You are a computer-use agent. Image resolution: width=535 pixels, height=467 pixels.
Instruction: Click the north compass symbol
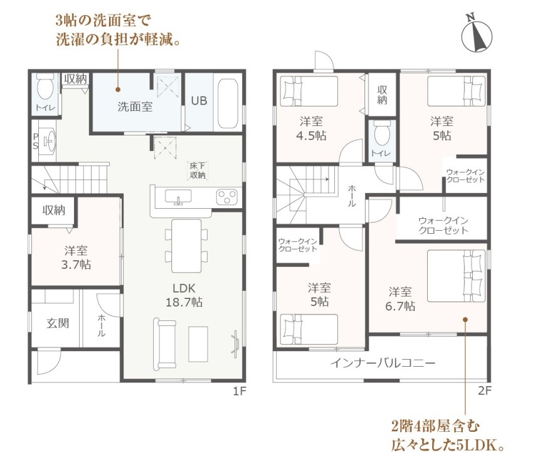(477, 33)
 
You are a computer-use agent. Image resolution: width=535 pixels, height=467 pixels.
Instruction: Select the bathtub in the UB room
(228, 103)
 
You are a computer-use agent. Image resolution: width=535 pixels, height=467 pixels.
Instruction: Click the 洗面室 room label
(135, 107)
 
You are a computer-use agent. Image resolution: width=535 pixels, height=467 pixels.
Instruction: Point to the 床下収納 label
(198, 171)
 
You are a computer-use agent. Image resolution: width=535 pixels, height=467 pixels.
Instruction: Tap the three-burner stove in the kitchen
(227, 197)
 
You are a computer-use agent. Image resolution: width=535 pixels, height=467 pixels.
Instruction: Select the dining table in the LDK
(186, 246)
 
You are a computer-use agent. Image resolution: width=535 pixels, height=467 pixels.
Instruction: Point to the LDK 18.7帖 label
(184, 295)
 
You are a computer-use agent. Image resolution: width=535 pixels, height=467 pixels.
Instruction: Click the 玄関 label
(58, 323)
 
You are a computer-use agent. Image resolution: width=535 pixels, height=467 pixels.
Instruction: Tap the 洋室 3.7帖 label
(76, 258)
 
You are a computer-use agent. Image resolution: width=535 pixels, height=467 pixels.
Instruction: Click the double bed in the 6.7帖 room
(456, 276)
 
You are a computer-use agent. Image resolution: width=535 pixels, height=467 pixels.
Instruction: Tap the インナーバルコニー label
(383, 362)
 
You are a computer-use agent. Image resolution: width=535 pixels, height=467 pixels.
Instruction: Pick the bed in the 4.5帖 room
(309, 92)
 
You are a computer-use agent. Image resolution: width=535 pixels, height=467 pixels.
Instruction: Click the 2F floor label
(484, 391)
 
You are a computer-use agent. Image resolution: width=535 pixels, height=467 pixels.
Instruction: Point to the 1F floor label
(240, 391)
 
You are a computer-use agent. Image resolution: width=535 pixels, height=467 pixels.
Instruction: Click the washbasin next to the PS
(48, 141)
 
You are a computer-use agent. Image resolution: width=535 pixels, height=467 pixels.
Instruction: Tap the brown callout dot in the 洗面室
(118, 90)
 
